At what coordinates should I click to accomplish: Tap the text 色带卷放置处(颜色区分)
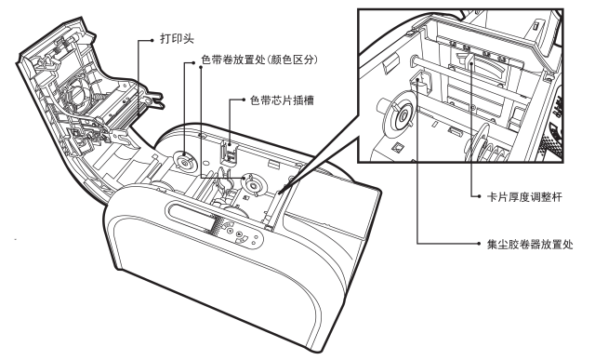259,60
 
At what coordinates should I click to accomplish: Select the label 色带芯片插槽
282,100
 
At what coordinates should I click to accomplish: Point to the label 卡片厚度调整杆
524,197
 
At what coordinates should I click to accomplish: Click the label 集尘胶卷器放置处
530,244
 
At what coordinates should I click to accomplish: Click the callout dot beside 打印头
152,39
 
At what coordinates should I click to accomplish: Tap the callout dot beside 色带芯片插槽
244,100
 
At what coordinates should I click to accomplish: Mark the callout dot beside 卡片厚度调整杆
480,196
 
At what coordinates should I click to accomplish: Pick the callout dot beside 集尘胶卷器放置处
480,244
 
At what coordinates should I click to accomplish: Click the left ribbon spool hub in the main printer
184,162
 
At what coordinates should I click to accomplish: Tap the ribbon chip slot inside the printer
229,153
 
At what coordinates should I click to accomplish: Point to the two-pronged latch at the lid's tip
154,98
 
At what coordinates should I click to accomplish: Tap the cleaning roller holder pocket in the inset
420,83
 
